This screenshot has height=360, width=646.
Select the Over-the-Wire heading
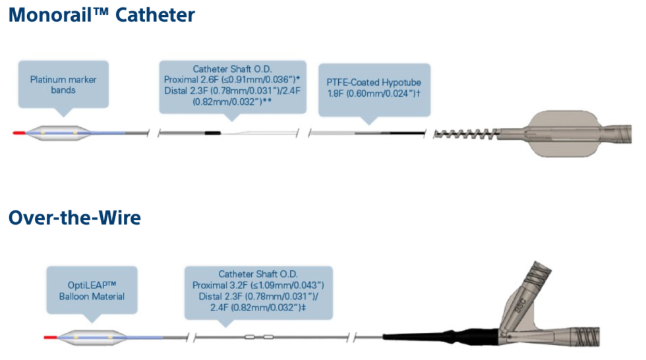(x=74, y=218)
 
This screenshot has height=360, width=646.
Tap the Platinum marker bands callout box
(x=63, y=84)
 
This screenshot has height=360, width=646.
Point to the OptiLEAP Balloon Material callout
(x=92, y=291)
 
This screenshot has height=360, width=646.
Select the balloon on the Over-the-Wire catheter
(x=90, y=338)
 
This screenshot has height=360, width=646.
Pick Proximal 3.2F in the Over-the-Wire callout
(x=216, y=285)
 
